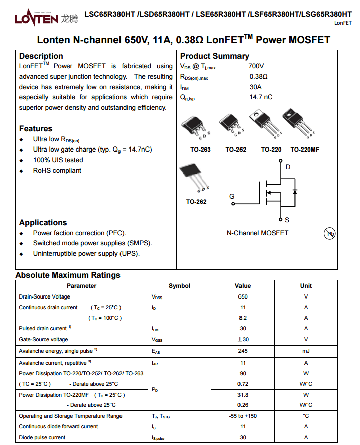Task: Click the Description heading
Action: coord(41,56)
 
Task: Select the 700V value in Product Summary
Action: coord(256,66)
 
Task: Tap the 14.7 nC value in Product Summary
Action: coord(261,97)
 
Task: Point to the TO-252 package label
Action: coord(235,150)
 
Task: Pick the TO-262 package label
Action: coord(196,202)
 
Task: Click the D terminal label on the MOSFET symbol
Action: coord(288,167)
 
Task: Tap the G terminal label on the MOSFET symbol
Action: coord(232,196)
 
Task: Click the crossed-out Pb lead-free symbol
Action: coord(330,234)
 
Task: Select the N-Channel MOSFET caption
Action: coord(258,233)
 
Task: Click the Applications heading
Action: coord(43,223)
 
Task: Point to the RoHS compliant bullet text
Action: coord(57,171)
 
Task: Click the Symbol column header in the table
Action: coord(179,286)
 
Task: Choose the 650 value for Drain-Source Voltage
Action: coord(243,297)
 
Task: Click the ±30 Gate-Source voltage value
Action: coord(243,340)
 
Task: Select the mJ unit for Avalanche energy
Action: coord(306,351)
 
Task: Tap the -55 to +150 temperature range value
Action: coord(243,416)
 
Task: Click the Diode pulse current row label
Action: coord(42,437)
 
